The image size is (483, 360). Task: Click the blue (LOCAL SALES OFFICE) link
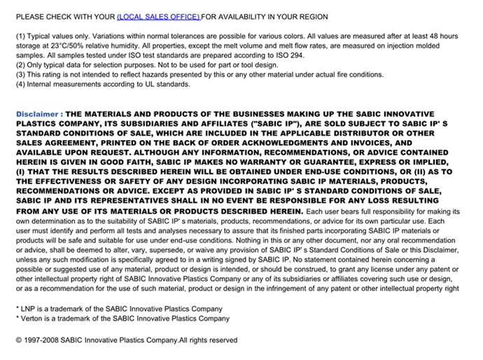[x=158, y=16]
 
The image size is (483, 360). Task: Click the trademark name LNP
[x=31, y=308]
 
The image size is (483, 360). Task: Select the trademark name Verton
[x=35, y=318]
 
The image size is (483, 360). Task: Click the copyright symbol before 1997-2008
[x=19, y=340]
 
